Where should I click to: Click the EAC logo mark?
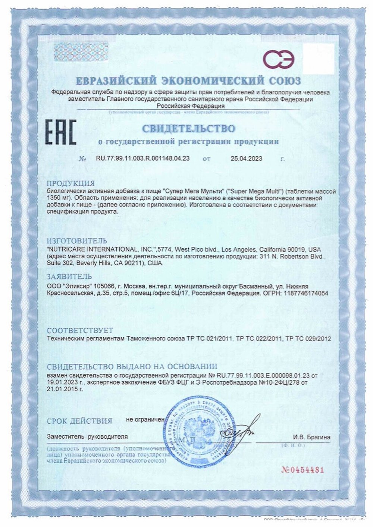pos(60,132)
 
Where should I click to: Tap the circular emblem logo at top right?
pos(279,59)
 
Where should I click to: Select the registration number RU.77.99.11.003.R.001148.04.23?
pos(143,158)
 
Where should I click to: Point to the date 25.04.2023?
pos(246,158)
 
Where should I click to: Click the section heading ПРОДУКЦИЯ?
pos(70,183)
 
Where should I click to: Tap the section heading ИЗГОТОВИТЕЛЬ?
pos(76,241)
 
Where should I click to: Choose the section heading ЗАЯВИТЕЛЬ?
pos(69,277)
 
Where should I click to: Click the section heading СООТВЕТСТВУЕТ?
pos(80,331)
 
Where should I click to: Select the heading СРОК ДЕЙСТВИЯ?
pos(79,421)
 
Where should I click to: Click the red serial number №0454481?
pos(303,470)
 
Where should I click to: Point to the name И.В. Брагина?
pos(311,437)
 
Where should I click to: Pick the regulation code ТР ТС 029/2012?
pos(308,339)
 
